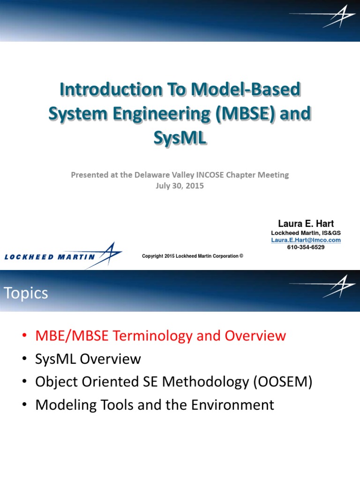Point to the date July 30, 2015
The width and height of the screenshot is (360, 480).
180,185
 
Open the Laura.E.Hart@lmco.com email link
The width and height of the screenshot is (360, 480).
306,240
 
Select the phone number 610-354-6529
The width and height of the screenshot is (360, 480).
306,247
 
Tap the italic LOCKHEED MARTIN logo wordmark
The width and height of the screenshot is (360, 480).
50,256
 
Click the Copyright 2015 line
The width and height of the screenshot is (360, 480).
192,256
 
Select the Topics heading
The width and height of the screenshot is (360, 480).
26,293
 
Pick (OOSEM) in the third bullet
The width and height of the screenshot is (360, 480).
283,382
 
